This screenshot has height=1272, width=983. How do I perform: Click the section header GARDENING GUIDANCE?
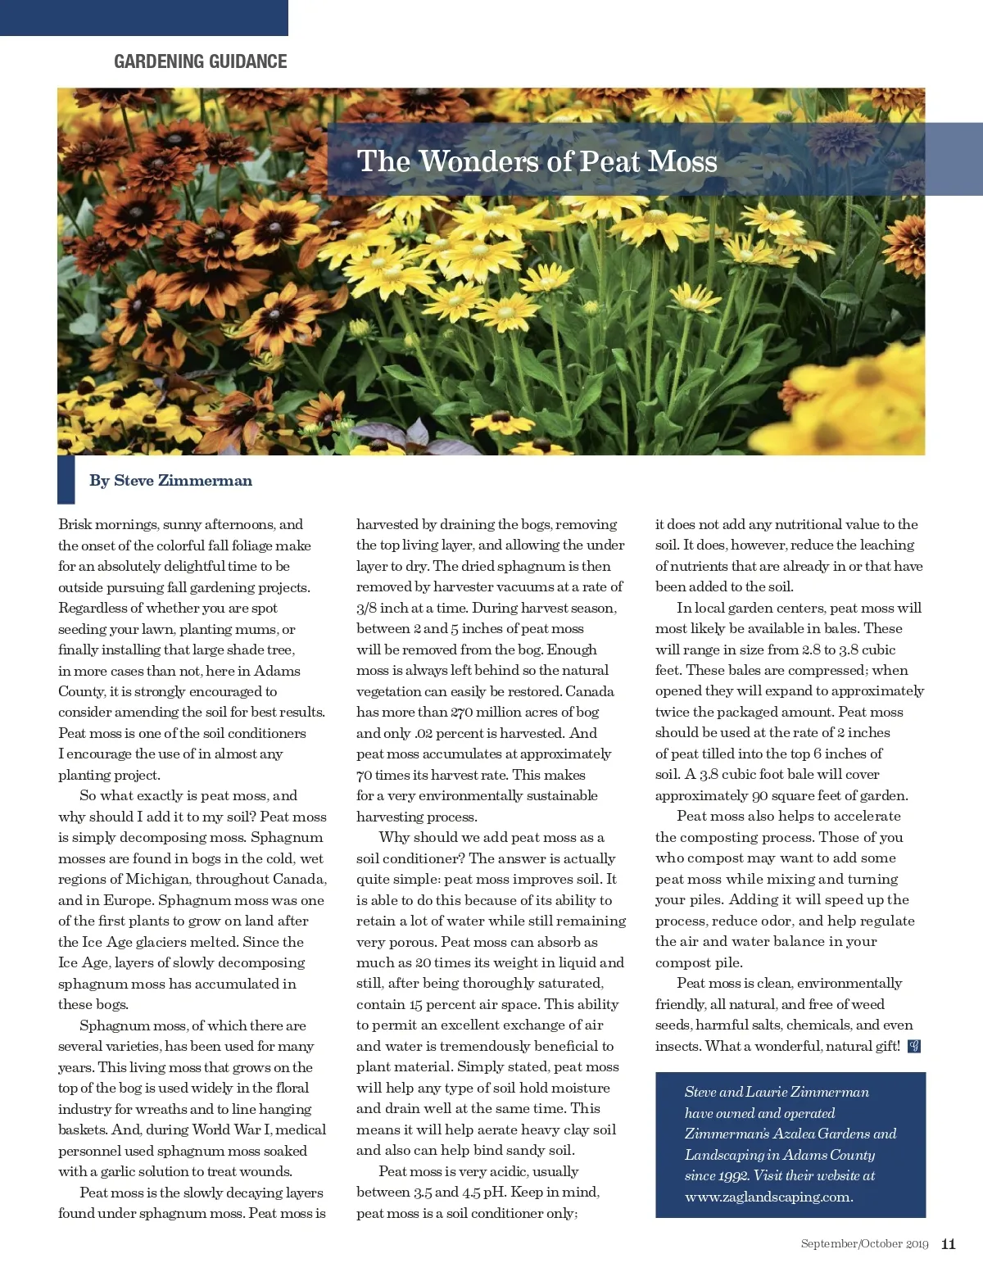(201, 61)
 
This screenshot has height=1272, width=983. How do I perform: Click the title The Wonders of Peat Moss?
(537, 161)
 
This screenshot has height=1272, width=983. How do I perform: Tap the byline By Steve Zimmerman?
(170, 481)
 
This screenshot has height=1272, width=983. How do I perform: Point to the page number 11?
(948, 1244)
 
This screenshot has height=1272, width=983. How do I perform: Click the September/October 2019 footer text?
(864, 1244)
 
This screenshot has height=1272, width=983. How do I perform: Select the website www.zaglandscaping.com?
(768, 1197)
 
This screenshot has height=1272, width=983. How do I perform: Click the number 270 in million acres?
(461, 713)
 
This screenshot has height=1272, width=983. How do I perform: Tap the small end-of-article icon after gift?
(914, 1046)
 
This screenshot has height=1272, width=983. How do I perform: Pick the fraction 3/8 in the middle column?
(366, 608)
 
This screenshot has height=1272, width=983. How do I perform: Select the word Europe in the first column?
(128, 900)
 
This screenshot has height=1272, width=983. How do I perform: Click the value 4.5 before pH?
(471, 1193)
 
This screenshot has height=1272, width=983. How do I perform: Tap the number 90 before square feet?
(759, 795)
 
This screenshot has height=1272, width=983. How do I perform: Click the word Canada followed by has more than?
(589, 691)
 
